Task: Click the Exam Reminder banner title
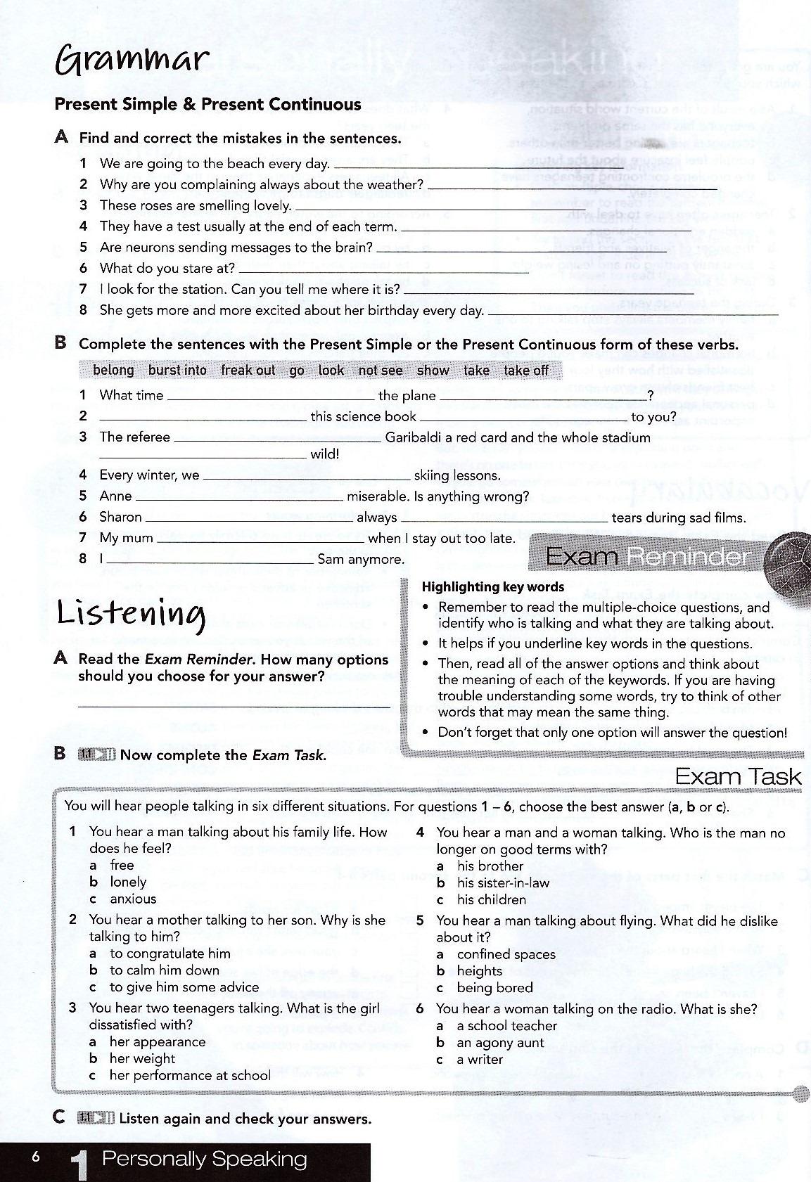point(648,557)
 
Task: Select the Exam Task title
point(738,777)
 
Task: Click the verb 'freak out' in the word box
point(248,371)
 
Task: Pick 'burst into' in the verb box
point(177,371)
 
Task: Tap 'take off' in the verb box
point(525,371)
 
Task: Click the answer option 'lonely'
point(128,882)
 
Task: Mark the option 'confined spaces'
point(506,954)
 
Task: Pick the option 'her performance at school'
point(189,1076)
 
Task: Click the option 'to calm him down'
point(165,970)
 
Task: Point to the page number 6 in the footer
point(36,1157)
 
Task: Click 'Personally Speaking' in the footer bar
point(204,1159)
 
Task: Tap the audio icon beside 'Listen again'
point(96,1118)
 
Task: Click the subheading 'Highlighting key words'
point(492,587)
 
